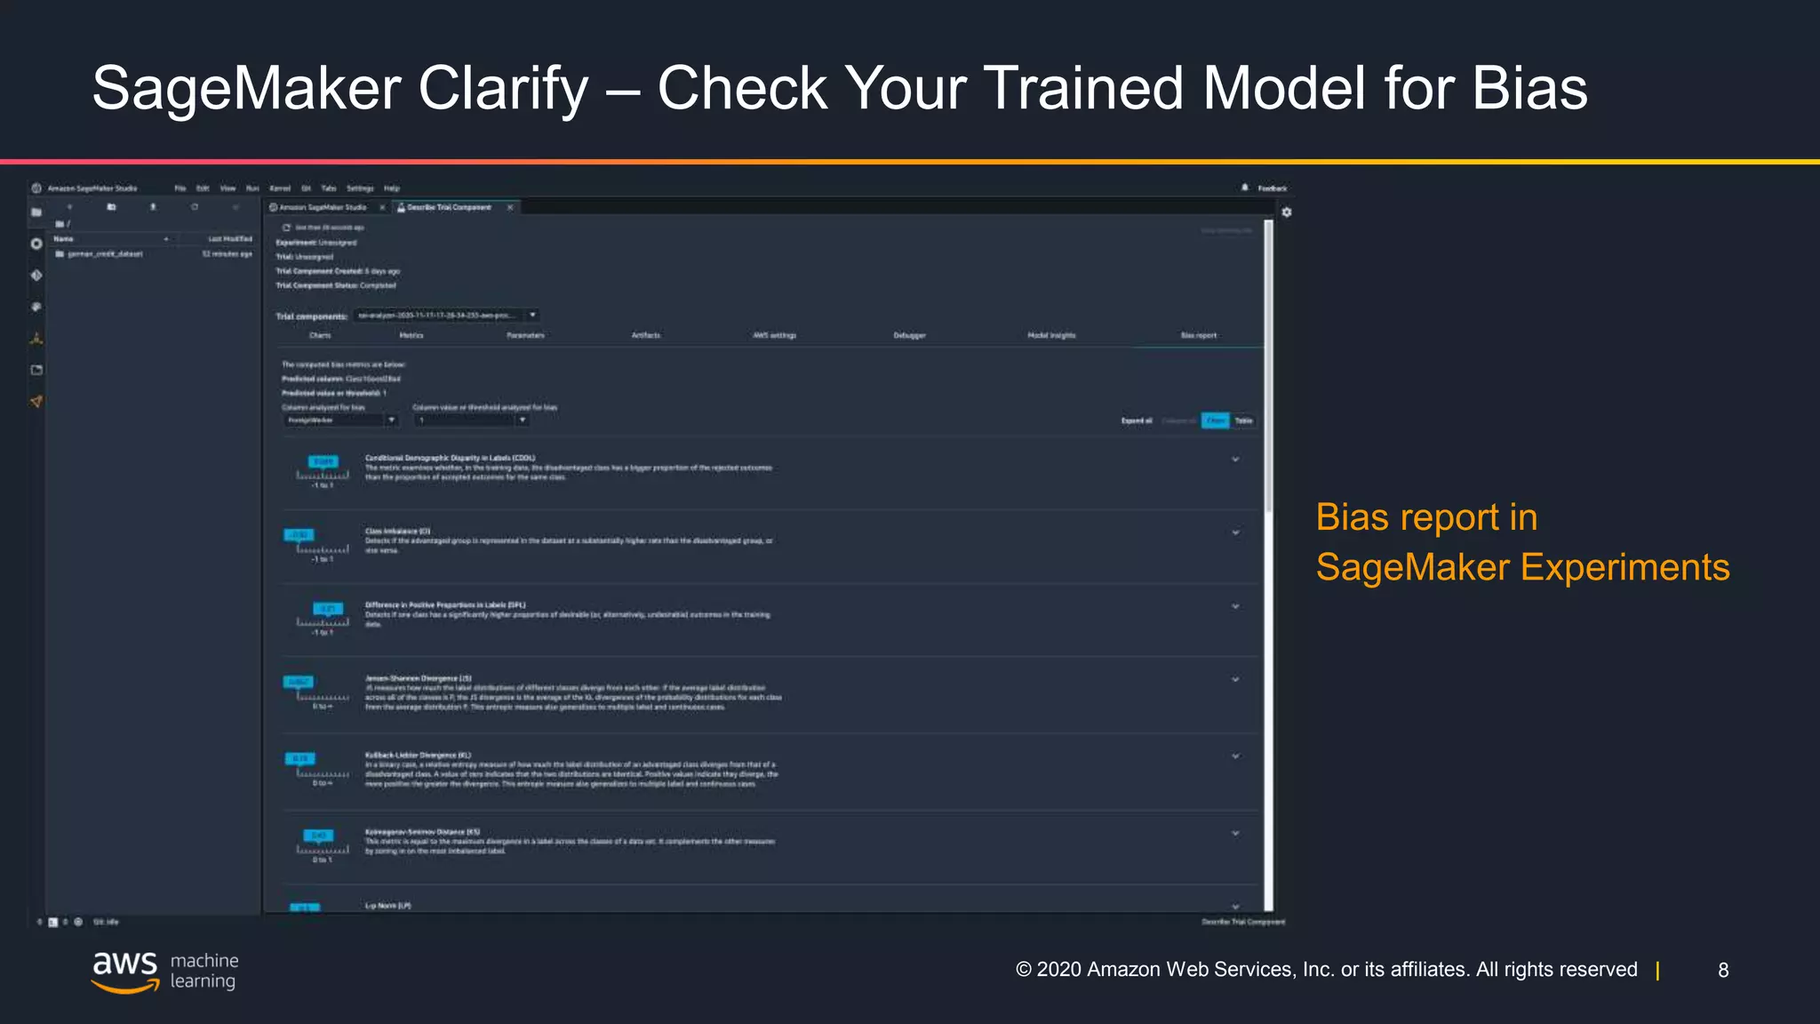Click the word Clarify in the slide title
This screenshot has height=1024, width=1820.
point(503,89)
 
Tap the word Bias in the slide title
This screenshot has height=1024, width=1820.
point(1529,89)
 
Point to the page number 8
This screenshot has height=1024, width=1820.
point(1723,970)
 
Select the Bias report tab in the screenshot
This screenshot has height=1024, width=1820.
point(1198,335)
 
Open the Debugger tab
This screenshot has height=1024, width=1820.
point(909,335)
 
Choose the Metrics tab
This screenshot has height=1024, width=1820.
point(411,335)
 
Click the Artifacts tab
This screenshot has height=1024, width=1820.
point(646,335)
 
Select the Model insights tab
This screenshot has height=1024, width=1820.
point(1051,335)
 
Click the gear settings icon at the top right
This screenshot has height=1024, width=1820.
point(1286,212)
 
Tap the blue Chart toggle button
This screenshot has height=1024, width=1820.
point(1215,420)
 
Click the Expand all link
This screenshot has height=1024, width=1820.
point(1137,420)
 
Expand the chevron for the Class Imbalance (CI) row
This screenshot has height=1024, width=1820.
point(1235,532)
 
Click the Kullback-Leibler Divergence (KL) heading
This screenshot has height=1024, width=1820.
point(418,755)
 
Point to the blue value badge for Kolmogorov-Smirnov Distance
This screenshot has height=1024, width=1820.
point(318,836)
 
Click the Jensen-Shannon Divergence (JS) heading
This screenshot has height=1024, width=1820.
point(418,678)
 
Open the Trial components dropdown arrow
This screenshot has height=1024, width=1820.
point(532,315)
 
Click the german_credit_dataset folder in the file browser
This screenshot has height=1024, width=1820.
point(105,254)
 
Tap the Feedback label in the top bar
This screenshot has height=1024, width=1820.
point(1272,188)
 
